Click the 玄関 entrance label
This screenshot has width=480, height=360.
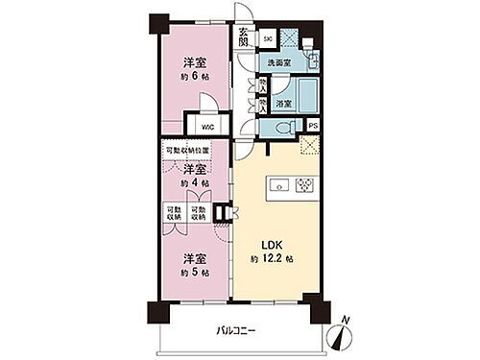click(244, 39)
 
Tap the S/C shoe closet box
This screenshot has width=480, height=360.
click(268, 39)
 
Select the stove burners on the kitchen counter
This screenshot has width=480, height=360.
click(304, 183)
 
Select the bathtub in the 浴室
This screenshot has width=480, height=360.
click(308, 96)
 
